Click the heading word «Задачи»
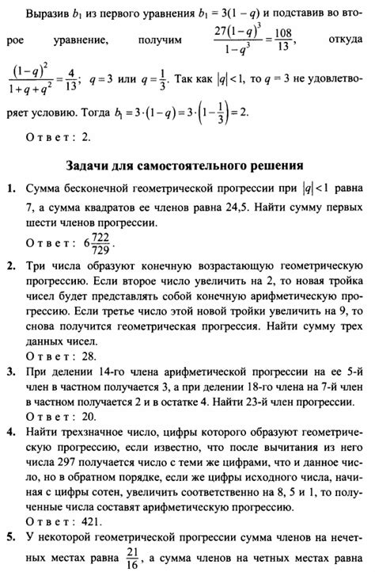[x=85, y=166]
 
